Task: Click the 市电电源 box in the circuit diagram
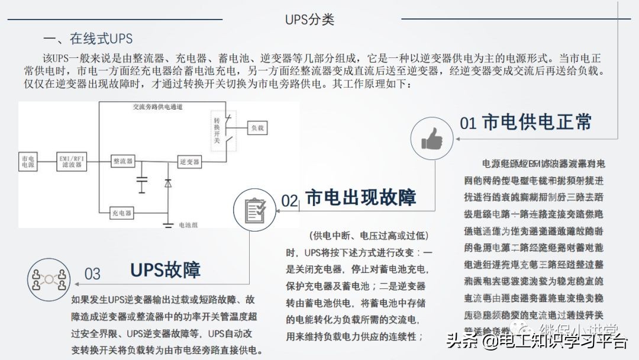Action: tap(27, 161)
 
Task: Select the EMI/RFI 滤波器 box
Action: tap(73, 161)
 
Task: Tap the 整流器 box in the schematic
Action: tap(122, 161)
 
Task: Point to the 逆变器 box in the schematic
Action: tap(189, 161)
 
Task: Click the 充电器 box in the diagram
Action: tap(122, 213)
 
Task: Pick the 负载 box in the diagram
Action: tap(257, 127)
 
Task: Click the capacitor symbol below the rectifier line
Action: tap(142, 184)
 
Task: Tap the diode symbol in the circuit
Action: tap(168, 183)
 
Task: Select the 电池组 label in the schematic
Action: tap(192, 226)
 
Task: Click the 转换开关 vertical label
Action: tap(217, 130)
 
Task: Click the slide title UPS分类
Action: tap(309, 20)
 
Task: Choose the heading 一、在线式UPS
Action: tap(88, 39)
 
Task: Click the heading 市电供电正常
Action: tap(537, 122)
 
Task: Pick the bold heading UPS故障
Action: tap(165, 270)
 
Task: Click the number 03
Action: tap(93, 274)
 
